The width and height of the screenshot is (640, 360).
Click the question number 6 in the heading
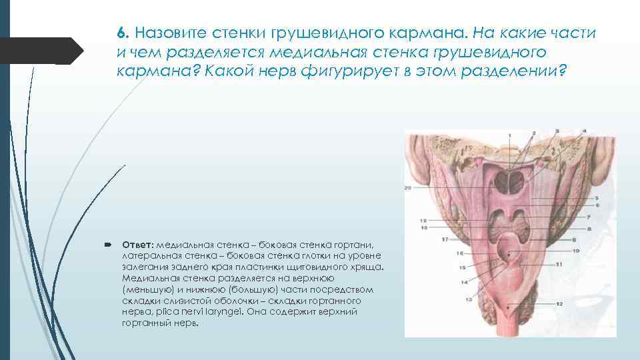(x=121, y=33)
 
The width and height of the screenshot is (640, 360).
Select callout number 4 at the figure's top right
(x=583, y=131)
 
